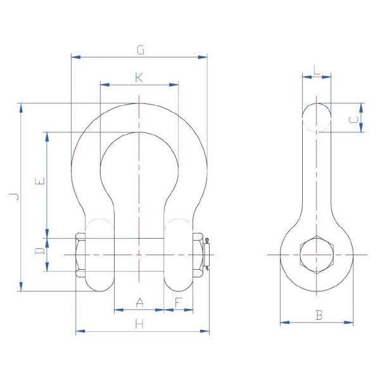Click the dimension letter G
[x=140, y=49]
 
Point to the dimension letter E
[x=40, y=182]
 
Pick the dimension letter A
[x=140, y=304]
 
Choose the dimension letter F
[x=179, y=304]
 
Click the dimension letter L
[x=317, y=70]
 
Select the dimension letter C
[x=355, y=118]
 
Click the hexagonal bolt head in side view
[x=316, y=255]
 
